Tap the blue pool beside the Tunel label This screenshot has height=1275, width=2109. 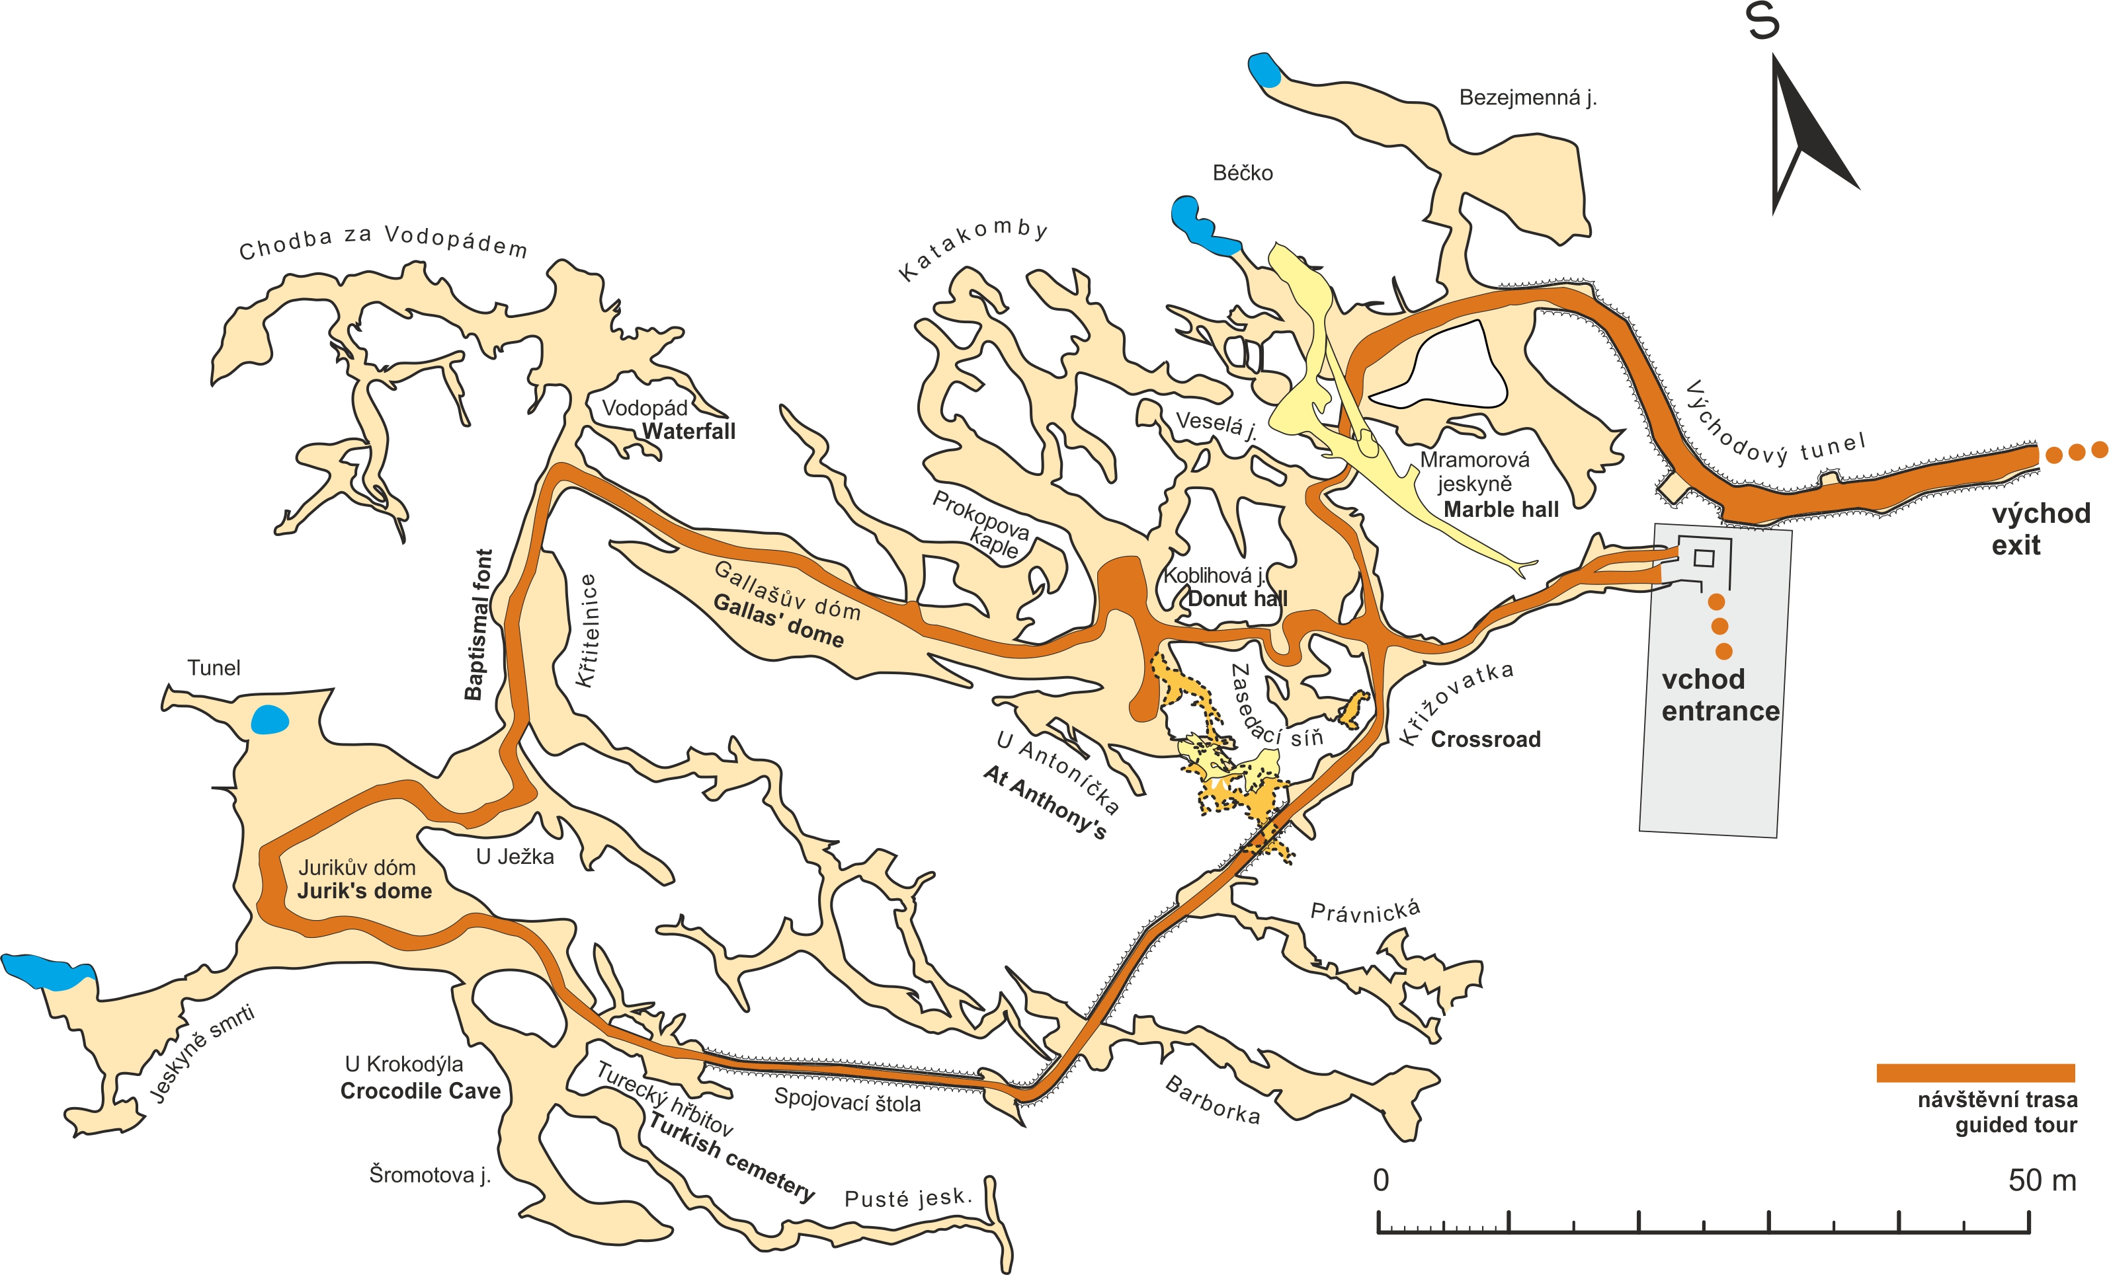270,720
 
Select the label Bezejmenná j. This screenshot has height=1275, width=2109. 1527,98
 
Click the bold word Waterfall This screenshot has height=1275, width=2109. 688,431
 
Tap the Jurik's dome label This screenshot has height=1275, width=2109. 364,891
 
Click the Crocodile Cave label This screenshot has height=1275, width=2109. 420,1091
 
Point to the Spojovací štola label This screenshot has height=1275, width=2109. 847,1101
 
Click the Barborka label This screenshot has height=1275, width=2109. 1212,1100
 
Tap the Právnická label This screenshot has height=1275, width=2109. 1365,911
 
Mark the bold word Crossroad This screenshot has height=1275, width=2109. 1485,740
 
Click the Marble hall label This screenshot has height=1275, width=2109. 1501,510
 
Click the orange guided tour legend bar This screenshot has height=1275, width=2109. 1975,1073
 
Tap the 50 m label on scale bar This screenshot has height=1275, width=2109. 2042,1181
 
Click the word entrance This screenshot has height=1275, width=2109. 1720,711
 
